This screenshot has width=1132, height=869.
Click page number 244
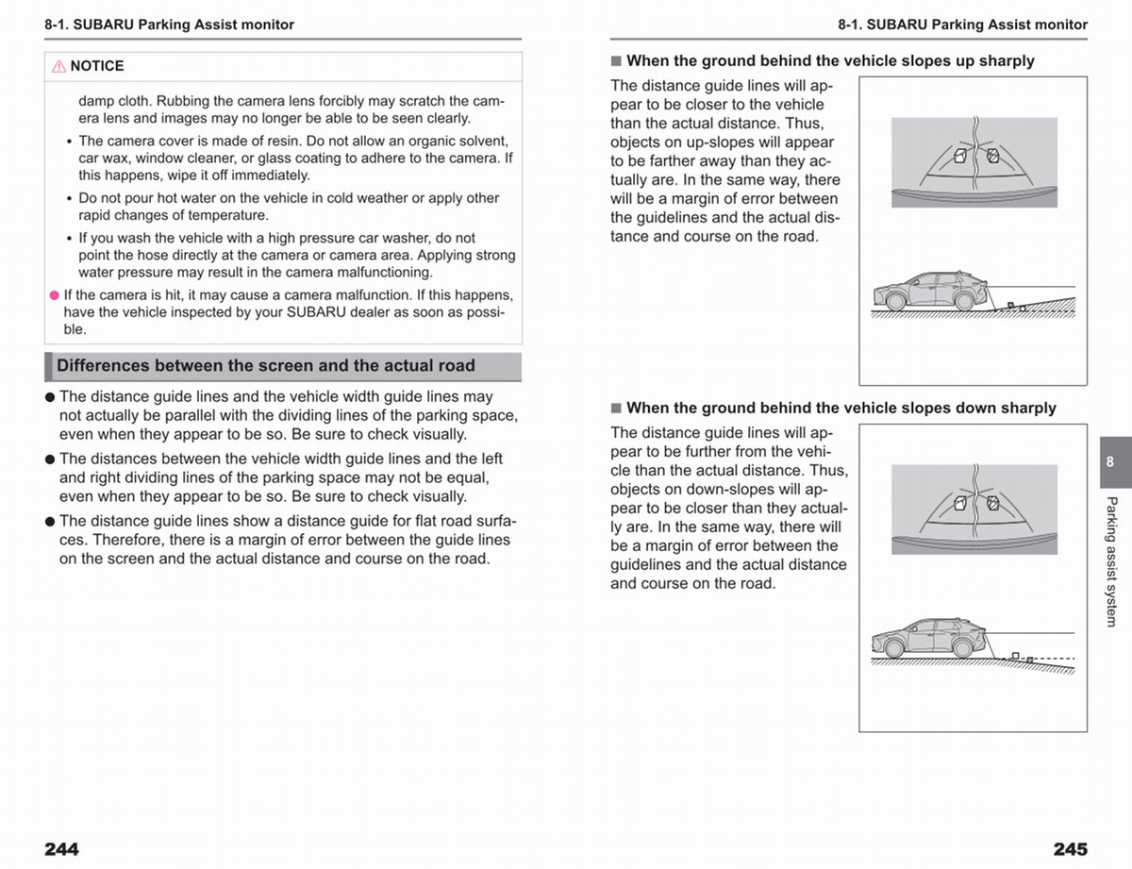[61, 849]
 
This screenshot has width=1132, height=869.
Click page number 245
[1070, 849]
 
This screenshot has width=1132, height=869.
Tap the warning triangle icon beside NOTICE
[58, 66]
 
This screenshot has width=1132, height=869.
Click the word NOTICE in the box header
[97, 66]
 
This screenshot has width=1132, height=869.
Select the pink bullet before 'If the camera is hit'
[55, 295]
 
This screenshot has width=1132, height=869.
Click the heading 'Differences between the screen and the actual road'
[266, 366]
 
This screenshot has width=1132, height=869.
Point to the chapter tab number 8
[1109, 461]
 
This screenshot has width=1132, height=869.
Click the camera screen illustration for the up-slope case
[974, 162]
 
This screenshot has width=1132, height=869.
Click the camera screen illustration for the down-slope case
[974, 510]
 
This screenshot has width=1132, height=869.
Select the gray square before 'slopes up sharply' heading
[616, 61]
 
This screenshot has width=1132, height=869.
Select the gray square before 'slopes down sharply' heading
[616, 409]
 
